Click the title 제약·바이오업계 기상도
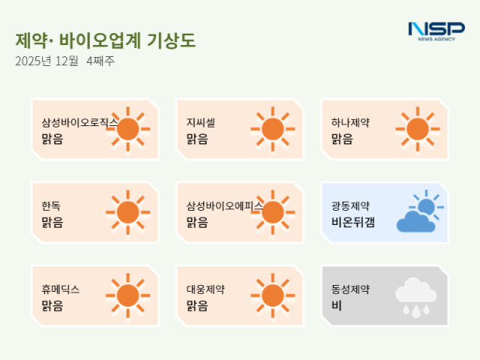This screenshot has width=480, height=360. tap(105, 40)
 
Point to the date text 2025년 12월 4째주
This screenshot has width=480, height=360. tap(64, 61)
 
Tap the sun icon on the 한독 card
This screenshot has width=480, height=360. tap(128, 212)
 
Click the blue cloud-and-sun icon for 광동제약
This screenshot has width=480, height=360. tap(418, 212)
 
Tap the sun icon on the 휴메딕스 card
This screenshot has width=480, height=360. tap(128, 295)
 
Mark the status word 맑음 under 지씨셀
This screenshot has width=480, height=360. tap(197, 139)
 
